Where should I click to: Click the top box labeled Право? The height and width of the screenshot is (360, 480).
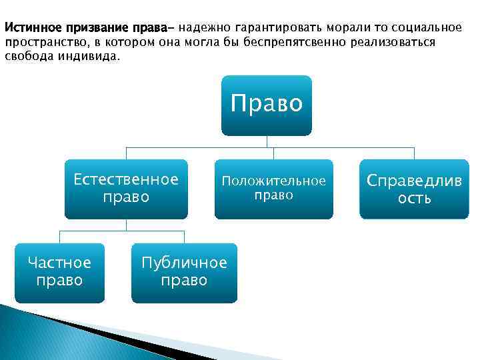click(x=267, y=105)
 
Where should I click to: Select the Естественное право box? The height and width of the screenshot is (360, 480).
click(x=126, y=189)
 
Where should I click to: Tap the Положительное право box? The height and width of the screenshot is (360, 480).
click(x=273, y=189)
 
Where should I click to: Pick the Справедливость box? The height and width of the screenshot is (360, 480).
click(x=414, y=189)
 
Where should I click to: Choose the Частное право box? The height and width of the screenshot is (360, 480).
click(x=59, y=272)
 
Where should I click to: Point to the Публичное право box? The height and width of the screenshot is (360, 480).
click(x=184, y=272)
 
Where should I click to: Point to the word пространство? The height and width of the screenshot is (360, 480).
click(x=43, y=43)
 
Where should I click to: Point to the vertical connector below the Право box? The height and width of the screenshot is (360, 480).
click(x=267, y=141)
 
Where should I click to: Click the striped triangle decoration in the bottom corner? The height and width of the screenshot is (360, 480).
click(x=40, y=333)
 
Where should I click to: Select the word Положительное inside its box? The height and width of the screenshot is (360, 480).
click(x=273, y=181)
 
